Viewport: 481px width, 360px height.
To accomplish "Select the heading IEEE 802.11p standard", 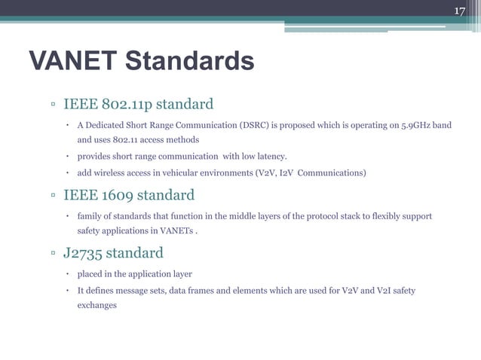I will click(138, 103).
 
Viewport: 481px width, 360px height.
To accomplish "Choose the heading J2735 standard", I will click(113, 252).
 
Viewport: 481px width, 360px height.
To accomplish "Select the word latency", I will click(271, 157).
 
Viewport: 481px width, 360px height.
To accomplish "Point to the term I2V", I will click(288, 173).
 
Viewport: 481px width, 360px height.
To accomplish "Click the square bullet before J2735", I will click(54, 253).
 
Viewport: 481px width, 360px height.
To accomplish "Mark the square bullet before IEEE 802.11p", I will click(54, 104).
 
